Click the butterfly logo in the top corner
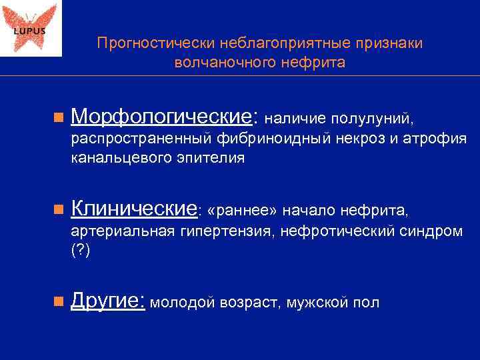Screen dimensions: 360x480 (x=31, y=28)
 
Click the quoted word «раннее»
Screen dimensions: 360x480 (x=243, y=211)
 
